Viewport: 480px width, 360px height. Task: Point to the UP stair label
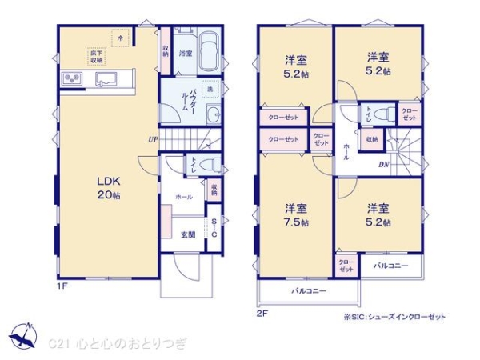[x=152, y=138]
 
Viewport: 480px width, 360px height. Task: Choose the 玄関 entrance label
[x=188, y=234]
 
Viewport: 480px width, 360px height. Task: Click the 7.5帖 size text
[x=296, y=222]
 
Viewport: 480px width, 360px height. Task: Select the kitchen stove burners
[x=71, y=78]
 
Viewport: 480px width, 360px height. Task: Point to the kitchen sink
[x=105, y=78]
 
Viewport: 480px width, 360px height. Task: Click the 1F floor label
[x=61, y=286]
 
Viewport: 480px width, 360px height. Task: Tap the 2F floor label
[x=261, y=314]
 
